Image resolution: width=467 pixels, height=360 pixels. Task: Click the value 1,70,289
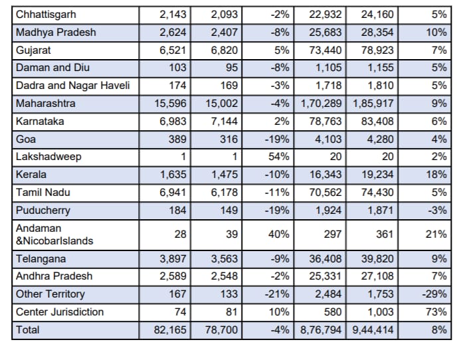coord(322,104)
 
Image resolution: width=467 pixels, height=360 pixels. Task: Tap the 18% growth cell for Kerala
coord(436,175)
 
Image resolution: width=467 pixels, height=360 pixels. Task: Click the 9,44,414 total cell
coord(371,330)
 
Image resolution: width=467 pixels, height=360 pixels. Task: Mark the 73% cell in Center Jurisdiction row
coord(436,312)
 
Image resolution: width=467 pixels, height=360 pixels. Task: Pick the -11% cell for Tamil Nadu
coord(276,193)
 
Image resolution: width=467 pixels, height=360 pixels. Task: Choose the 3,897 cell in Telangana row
coord(171,259)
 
